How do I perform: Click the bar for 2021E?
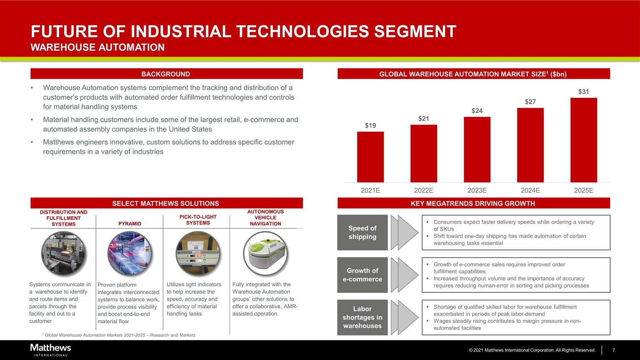pyautogui.click(x=370, y=157)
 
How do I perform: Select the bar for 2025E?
pyautogui.click(x=583, y=140)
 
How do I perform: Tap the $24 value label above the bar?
pyautogui.click(x=477, y=111)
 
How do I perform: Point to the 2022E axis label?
pyautogui.click(x=423, y=190)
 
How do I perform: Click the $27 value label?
pyautogui.click(x=530, y=102)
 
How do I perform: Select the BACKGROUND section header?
pyautogui.click(x=166, y=74)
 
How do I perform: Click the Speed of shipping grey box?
pyautogui.click(x=362, y=232)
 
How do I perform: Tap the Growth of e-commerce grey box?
pyautogui.click(x=362, y=275)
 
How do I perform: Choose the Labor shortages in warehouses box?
pyautogui.click(x=362, y=317)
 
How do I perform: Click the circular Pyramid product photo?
pyautogui.click(x=129, y=254)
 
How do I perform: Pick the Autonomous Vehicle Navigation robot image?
pyautogui.click(x=265, y=254)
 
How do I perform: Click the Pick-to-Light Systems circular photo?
pyautogui.click(x=198, y=254)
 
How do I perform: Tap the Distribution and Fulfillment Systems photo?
pyautogui.click(x=63, y=254)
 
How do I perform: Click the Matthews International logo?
pyautogui.click(x=50, y=350)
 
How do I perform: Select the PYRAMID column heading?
pyautogui.click(x=130, y=224)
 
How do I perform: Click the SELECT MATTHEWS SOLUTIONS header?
pyautogui.click(x=166, y=203)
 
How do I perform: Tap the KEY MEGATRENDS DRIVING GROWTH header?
pyautogui.click(x=473, y=203)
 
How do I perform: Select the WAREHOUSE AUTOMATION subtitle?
pyautogui.click(x=97, y=47)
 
